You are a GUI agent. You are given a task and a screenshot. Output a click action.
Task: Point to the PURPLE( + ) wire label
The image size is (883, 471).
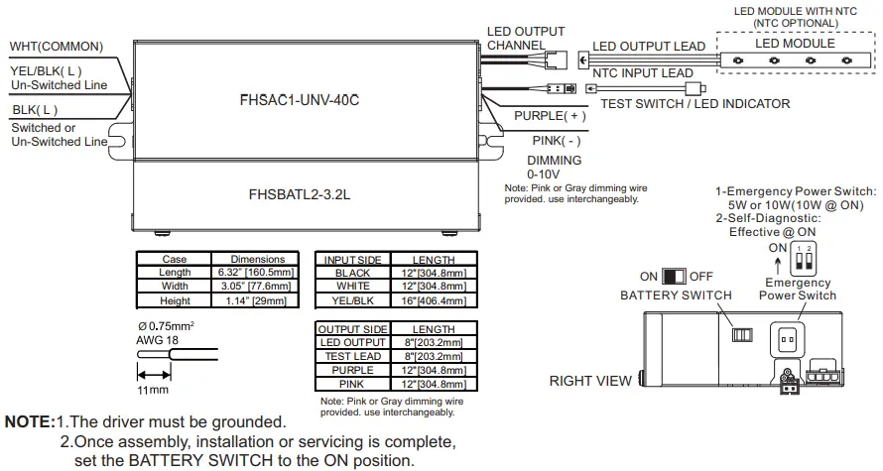[550, 116]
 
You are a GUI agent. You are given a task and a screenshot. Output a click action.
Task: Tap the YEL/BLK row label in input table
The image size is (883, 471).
[352, 299]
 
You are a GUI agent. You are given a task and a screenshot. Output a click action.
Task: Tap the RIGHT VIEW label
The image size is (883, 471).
[590, 381]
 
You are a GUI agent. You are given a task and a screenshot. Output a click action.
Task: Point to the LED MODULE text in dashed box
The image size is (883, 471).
[796, 44]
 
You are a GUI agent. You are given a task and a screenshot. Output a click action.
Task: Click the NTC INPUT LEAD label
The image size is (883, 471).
[643, 72]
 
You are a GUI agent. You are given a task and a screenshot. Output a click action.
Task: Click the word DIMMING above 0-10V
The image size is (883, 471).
[554, 160]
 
